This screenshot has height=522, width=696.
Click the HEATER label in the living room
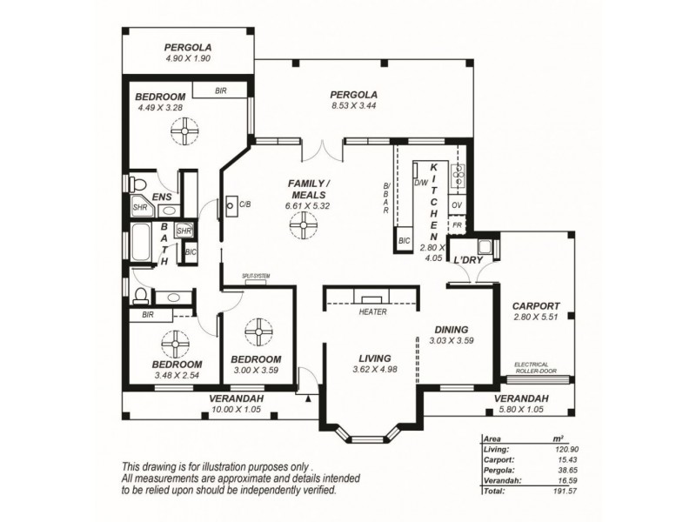click(372, 312)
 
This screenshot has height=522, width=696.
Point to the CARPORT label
click(535, 306)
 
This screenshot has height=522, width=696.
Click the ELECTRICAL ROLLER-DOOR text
click(536, 367)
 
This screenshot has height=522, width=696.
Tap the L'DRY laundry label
click(468, 259)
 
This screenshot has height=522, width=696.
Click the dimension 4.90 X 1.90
click(188, 58)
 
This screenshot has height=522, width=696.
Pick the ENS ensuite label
click(163, 197)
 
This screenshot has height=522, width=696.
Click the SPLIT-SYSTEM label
click(258, 276)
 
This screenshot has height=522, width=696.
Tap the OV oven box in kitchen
click(457, 205)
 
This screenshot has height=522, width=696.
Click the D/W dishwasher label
click(421, 183)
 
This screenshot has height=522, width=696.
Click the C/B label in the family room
click(245, 205)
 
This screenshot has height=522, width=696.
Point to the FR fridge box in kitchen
click(457, 225)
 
